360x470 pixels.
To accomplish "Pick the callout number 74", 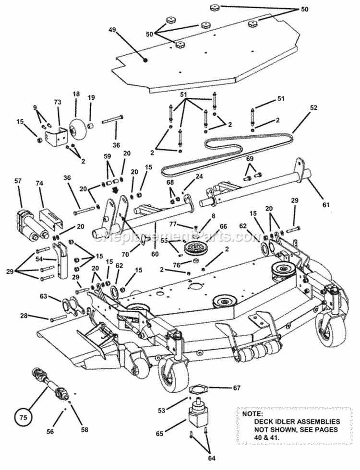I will point(39,183).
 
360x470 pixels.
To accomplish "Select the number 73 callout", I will point(57,102).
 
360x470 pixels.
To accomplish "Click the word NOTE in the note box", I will point(252,413).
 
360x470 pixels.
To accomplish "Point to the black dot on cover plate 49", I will point(145,59).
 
